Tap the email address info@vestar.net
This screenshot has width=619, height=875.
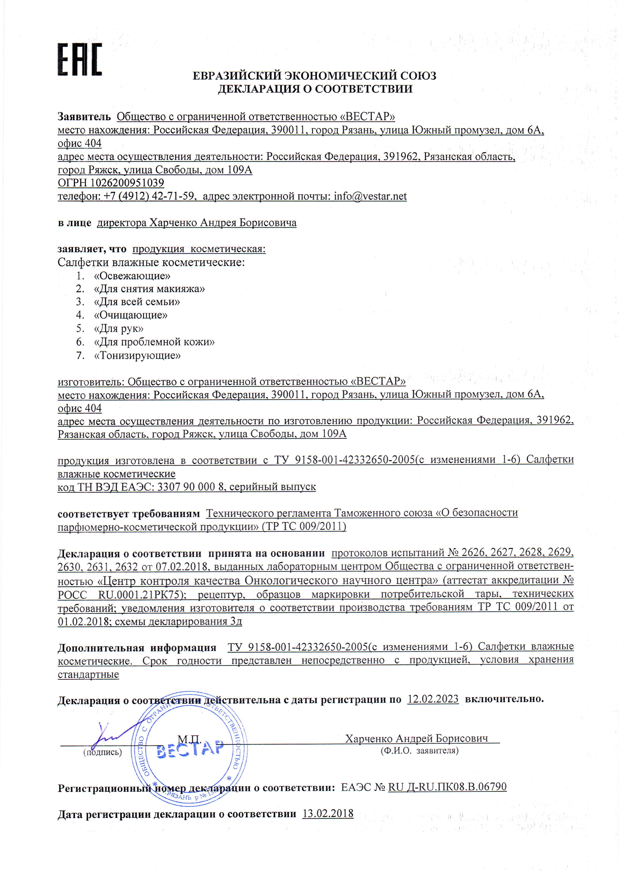click(370, 196)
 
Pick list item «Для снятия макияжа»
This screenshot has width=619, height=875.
click(149, 289)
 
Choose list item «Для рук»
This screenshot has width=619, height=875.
click(119, 328)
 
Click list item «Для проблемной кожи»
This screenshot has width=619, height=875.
click(154, 342)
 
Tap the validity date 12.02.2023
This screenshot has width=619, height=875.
click(433, 699)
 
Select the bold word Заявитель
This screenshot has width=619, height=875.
click(84, 117)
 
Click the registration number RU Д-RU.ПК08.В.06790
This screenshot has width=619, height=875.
click(447, 787)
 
